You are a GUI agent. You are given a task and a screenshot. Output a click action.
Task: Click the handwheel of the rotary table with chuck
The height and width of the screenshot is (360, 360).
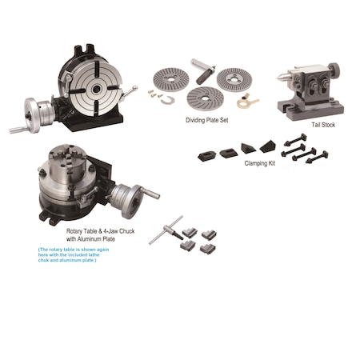127,195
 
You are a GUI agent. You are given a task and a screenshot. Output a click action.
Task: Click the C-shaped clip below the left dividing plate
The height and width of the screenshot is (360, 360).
168,100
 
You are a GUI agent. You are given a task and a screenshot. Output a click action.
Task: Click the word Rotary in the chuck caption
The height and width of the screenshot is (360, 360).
65,230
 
